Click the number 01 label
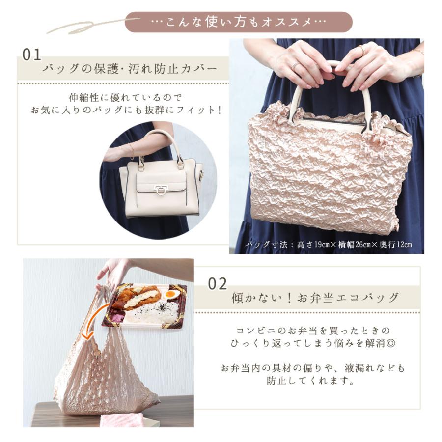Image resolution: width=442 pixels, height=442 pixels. [x=31, y=54]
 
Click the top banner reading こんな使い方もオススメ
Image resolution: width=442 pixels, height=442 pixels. [x=238, y=22]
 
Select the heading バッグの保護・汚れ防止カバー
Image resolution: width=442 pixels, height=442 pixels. [x=130, y=69]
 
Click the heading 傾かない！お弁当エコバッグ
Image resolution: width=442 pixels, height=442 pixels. [x=315, y=298]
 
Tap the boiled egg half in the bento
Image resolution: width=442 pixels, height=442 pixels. [x=170, y=294]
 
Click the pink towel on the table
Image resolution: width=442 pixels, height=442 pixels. [x=121, y=420]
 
